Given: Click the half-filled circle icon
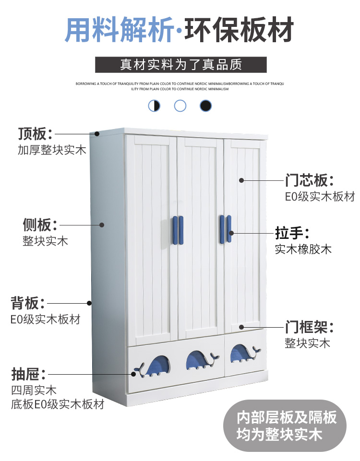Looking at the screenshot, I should (154, 106).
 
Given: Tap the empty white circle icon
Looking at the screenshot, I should (180, 106).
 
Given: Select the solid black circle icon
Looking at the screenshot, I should (205, 106).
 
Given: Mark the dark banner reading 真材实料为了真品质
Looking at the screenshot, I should (180, 65).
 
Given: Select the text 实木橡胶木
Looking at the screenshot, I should (303, 249).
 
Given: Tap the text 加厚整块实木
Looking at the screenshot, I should (52, 150).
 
